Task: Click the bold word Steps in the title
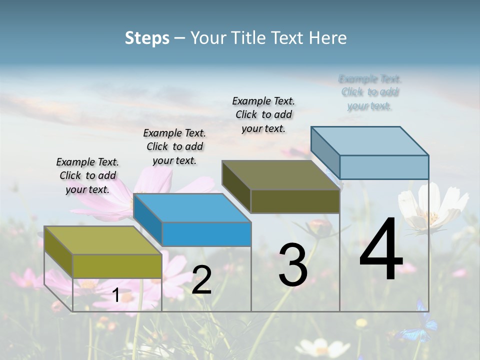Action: [147, 38]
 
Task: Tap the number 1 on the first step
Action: [116, 295]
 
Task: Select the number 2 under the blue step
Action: [201, 280]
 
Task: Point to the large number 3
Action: [293, 265]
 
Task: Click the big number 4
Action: [381, 250]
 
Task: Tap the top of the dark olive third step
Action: [281, 175]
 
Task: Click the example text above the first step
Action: [87, 175]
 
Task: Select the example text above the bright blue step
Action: [174, 146]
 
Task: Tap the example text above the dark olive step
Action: [263, 114]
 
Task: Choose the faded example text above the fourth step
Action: [370, 92]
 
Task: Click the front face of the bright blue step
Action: [206, 234]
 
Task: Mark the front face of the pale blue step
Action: [384, 167]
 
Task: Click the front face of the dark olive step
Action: [295, 201]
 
